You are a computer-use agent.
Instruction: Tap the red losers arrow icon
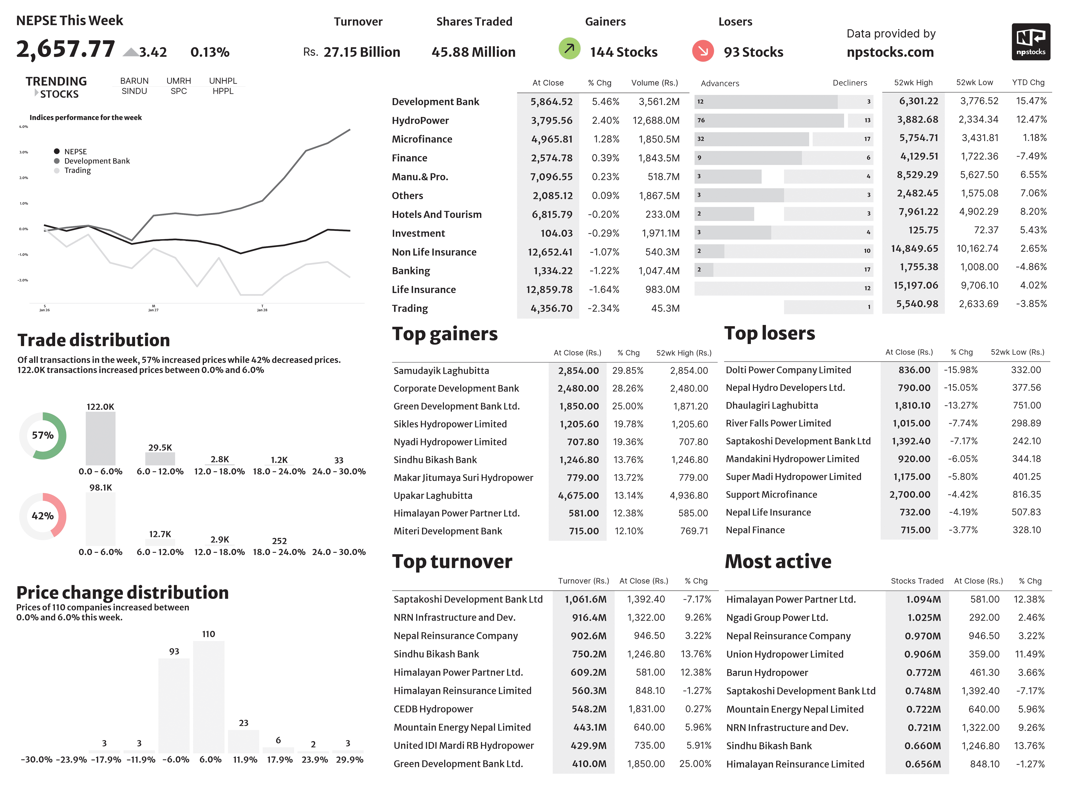click(x=703, y=50)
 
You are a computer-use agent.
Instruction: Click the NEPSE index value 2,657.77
click(x=66, y=49)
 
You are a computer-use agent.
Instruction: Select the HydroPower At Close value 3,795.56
click(x=551, y=120)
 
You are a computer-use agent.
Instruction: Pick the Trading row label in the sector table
click(x=410, y=308)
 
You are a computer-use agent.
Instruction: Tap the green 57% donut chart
click(x=43, y=435)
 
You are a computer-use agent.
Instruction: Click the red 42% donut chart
click(x=43, y=516)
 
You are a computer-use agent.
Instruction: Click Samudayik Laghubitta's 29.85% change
click(x=627, y=371)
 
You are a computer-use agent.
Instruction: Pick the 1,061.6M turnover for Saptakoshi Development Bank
click(x=585, y=599)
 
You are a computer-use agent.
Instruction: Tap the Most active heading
click(x=778, y=561)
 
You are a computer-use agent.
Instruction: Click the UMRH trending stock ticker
click(x=179, y=81)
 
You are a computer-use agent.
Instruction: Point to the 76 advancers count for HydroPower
click(x=701, y=120)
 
